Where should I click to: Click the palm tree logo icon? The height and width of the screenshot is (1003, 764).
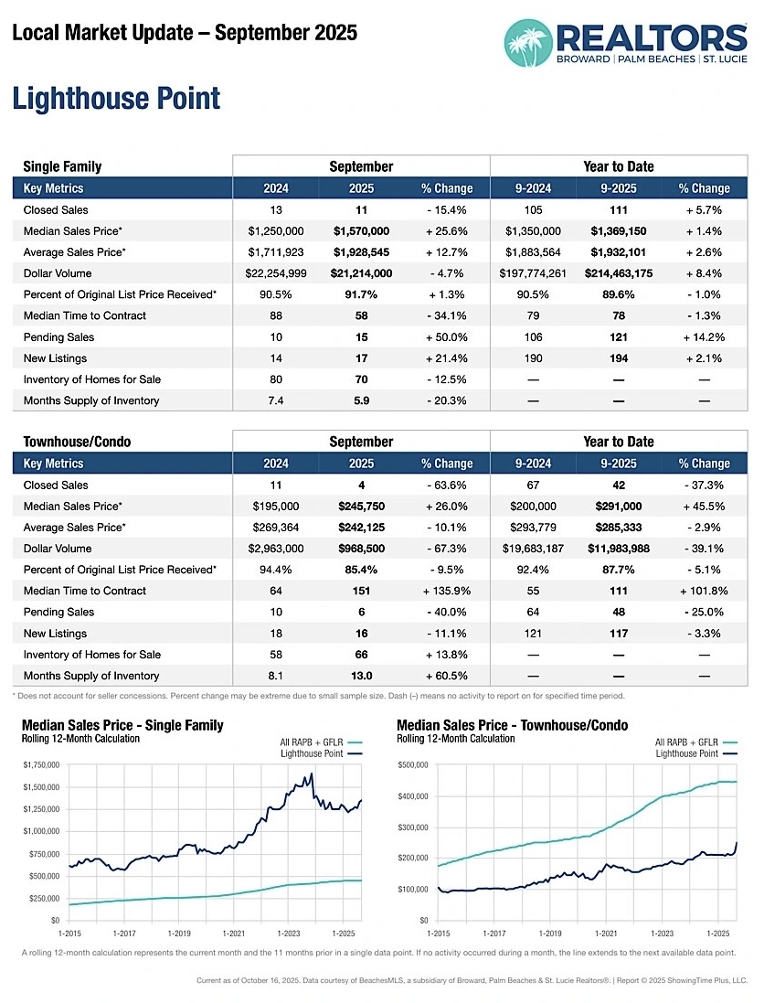528,42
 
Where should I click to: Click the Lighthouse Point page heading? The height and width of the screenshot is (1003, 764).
116,98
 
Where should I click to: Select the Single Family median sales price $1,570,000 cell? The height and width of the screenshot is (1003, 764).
361,231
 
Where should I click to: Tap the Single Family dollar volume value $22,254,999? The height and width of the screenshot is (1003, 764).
275,273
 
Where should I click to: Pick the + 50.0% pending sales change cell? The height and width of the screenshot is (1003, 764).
446,337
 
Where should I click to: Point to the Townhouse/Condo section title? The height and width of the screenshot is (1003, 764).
77,442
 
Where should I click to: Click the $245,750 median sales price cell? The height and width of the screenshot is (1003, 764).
361,507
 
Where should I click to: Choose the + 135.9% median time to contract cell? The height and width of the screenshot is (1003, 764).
446,591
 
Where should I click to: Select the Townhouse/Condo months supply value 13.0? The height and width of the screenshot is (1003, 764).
361,676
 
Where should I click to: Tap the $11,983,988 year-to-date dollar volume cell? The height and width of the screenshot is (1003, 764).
619,549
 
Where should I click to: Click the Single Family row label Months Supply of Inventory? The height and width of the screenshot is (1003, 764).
91,400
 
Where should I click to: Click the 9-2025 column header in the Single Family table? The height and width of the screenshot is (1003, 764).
619,188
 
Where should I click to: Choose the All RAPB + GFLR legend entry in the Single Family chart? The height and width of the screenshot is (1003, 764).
311,742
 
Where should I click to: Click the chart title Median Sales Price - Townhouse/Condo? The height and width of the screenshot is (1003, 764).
512,725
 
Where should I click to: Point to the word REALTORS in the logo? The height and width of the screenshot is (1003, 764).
652,38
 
